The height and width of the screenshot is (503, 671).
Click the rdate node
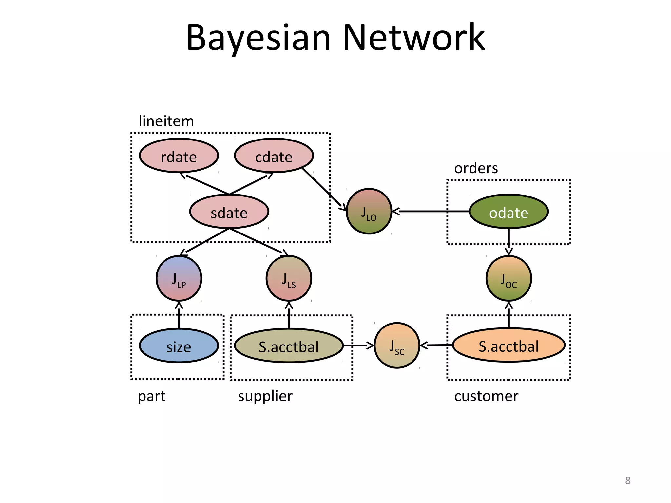(x=179, y=156)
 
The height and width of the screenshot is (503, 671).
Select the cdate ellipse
(x=274, y=156)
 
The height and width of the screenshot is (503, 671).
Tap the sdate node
(x=229, y=212)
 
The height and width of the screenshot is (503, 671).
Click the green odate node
(x=508, y=212)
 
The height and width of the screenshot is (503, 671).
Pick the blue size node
(x=179, y=346)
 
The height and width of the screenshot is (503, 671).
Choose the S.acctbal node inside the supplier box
(x=289, y=346)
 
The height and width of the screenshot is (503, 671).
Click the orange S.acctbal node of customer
(x=508, y=345)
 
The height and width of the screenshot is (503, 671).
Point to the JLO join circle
(x=369, y=212)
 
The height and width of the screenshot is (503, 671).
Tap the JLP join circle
(x=179, y=279)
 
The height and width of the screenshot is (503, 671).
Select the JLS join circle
(x=289, y=279)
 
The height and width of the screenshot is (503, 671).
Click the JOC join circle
(x=508, y=279)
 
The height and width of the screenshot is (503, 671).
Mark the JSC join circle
(x=397, y=346)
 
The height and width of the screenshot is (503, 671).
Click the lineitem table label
(x=166, y=121)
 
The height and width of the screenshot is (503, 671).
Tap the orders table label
(x=476, y=168)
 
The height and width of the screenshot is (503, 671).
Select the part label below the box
(x=152, y=396)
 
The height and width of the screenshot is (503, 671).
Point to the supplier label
(x=265, y=396)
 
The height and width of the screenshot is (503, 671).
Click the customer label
(x=486, y=396)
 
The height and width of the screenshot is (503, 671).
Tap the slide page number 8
(x=627, y=480)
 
